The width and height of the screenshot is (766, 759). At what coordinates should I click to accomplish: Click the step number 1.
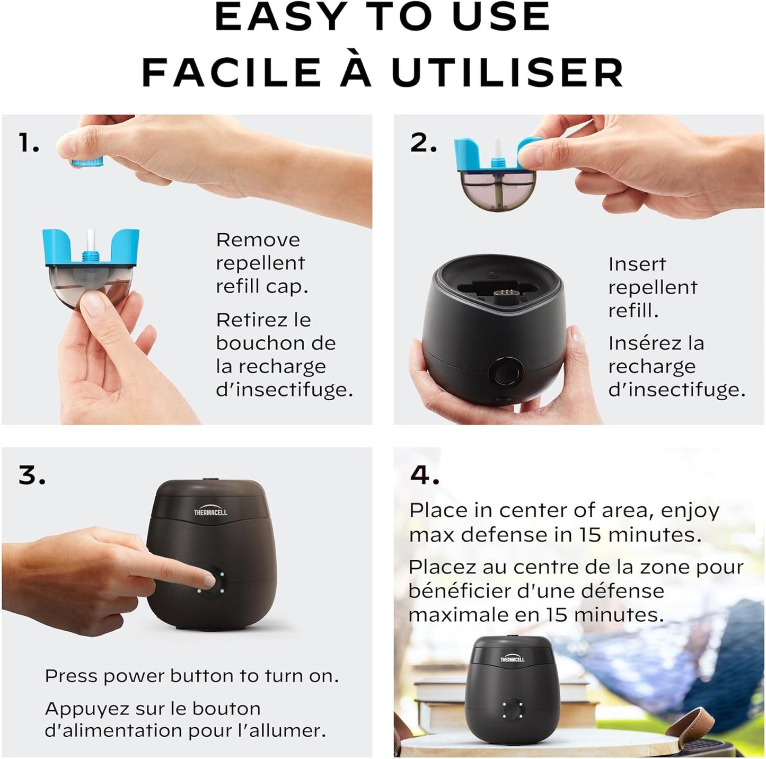29,143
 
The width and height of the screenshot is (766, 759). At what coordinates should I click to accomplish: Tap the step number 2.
424,143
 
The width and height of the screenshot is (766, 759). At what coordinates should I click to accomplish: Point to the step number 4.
425,475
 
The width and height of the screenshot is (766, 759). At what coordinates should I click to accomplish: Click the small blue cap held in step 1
87,162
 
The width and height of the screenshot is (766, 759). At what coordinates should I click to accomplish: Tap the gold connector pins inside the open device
505,292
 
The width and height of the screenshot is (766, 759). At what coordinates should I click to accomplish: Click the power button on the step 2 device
506,373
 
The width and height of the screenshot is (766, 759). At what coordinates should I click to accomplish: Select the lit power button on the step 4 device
513,709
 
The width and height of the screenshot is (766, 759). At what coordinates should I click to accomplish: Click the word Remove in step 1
258,240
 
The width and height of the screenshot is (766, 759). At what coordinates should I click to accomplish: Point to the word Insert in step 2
637,264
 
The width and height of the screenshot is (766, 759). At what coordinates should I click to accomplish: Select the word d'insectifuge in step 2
676,390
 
